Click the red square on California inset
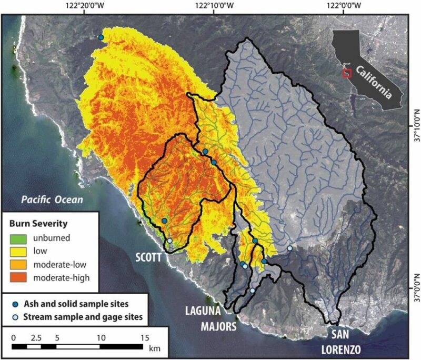pyautogui.click(x=346, y=73)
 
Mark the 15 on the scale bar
pyautogui.click(x=144, y=336)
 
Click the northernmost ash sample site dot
pyautogui.click(x=101, y=37)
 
